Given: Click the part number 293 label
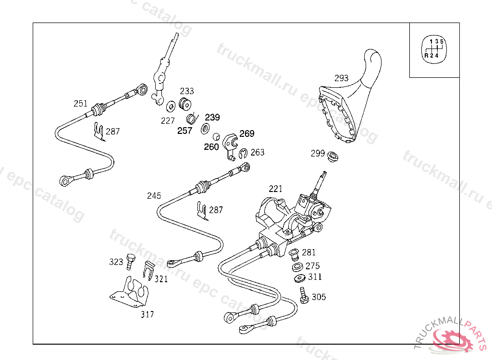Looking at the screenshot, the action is point(342,78).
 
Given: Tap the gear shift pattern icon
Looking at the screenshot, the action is point(434,49).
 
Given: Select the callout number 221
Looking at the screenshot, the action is point(275,189).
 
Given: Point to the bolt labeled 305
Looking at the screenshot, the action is point(304,295).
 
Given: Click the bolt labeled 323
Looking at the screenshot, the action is point(131,262).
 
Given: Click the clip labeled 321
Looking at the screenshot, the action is point(149,270).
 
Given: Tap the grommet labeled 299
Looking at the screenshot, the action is point(332,156).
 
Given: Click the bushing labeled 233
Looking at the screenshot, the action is point(185,104).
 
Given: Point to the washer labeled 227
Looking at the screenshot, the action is point(171,106).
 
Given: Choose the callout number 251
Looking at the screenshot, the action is point(81,104).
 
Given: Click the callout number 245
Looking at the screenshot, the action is point(154,196).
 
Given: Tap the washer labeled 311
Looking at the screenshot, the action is point(300,278).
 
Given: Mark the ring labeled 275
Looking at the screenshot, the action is point(297,267).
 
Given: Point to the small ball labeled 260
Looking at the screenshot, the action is point(216,137).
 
